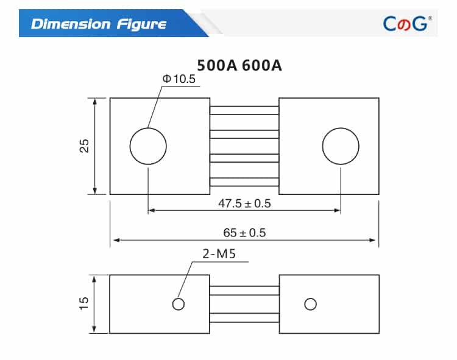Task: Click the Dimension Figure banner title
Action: point(98,24)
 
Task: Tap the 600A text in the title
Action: point(261,65)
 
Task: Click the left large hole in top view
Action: point(148,146)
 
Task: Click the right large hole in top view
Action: point(341,146)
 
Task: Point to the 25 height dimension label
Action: point(85,146)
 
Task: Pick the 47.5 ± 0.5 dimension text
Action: point(244,203)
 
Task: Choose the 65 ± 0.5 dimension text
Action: point(244,233)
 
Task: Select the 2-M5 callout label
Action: point(219,255)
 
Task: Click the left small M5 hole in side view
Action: point(178,304)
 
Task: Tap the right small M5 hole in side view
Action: point(311,304)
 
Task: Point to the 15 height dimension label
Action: point(85,303)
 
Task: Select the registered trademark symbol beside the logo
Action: point(430,18)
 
